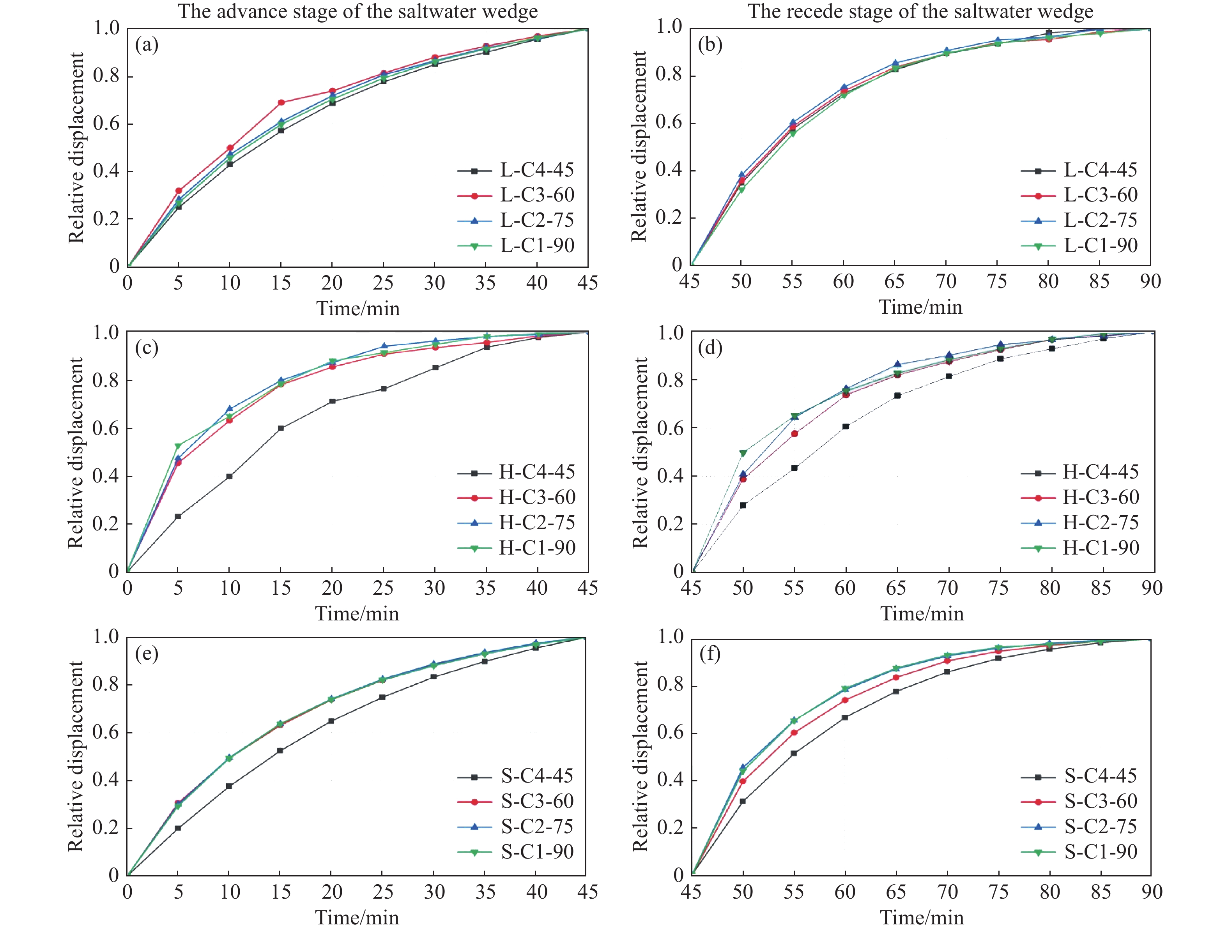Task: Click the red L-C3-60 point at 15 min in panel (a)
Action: pyautogui.click(x=281, y=102)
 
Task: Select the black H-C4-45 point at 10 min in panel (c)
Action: pyautogui.click(x=229, y=476)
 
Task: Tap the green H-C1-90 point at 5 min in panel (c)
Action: pyautogui.click(x=178, y=445)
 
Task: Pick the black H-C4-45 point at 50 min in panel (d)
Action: pyautogui.click(x=743, y=505)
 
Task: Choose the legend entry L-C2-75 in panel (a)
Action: pyautogui.click(x=537, y=220)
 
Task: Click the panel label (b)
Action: pyautogui.click(x=710, y=45)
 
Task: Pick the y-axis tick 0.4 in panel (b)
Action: pyautogui.click(x=669, y=170)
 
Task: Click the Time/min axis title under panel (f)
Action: pyautogui.click(x=922, y=917)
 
